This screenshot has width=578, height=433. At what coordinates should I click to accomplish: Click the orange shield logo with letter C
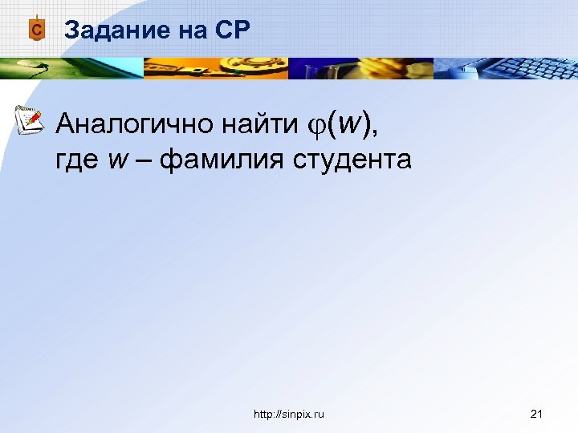click(x=35, y=29)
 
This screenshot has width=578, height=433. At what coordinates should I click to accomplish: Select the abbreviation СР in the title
click(x=233, y=30)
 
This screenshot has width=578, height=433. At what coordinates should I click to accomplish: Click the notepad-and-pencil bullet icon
click(x=30, y=119)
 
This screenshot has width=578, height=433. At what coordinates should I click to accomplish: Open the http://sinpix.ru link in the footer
click(x=288, y=414)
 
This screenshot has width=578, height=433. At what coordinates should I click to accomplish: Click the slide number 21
click(x=537, y=414)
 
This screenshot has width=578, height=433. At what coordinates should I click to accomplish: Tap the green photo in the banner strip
click(x=72, y=68)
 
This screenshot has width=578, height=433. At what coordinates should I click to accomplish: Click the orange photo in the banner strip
click(x=217, y=68)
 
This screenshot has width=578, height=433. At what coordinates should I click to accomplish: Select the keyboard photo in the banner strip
click(x=506, y=68)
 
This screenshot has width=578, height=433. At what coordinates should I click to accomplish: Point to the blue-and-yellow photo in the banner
click(x=361, y=68)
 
